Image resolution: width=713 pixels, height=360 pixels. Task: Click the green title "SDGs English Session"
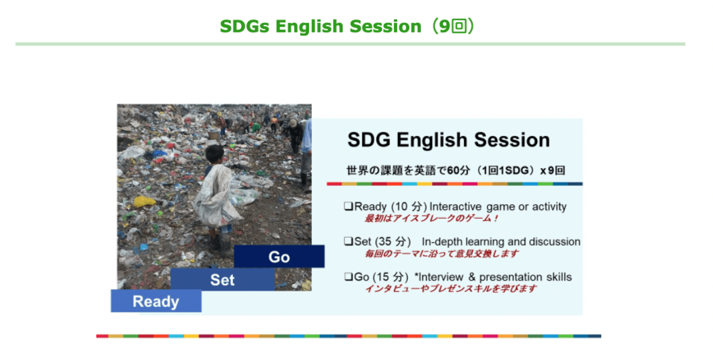coord(321,26)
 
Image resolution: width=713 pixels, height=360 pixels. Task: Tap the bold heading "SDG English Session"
coord(448,140)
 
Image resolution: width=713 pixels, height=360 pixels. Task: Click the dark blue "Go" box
coord(279,257)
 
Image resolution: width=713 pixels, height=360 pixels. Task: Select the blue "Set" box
coord(222,279)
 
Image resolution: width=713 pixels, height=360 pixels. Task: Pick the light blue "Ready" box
coord(156,301)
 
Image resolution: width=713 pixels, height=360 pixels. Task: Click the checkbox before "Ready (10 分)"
coord(348,206)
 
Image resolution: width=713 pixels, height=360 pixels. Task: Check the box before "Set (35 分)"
coord(348,242)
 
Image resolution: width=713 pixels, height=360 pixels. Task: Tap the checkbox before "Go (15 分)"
coord(348,276)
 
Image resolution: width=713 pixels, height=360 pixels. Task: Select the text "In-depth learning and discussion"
coord(500,242)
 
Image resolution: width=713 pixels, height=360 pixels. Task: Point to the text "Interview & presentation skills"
coord(495,276)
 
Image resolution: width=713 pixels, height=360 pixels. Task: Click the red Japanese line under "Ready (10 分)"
coord(431,219)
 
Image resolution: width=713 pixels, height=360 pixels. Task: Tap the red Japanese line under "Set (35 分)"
coord(441,253)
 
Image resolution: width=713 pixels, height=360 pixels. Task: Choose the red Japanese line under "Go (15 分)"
coord(451,289)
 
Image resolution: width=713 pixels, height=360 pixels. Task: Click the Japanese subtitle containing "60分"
coord(456,170)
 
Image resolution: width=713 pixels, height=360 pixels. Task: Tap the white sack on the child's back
coord(217,196)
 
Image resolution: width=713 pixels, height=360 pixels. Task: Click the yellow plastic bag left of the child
coord(144,201)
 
